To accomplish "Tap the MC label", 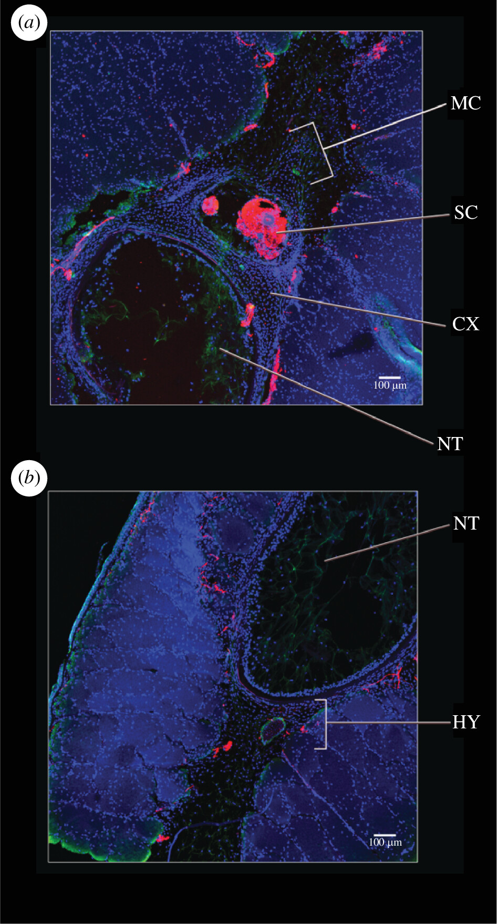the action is (x=465, y=103).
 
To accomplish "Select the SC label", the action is (x=465, y=212).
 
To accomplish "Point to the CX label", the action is (x=465, y=324).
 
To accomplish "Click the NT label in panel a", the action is (x=450, y=444).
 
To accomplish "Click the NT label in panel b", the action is (x=466, y=523).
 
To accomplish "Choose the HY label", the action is (x=466, y=722).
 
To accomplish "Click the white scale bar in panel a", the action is (x=390, y=378).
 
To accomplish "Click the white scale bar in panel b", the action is (x=385, y=835).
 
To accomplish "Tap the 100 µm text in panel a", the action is (x=390, y=385).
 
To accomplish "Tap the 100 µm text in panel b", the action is (x=385, y=842).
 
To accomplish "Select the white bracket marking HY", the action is (x=323, y=724).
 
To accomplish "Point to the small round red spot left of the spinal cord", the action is (x=210, y=205).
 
